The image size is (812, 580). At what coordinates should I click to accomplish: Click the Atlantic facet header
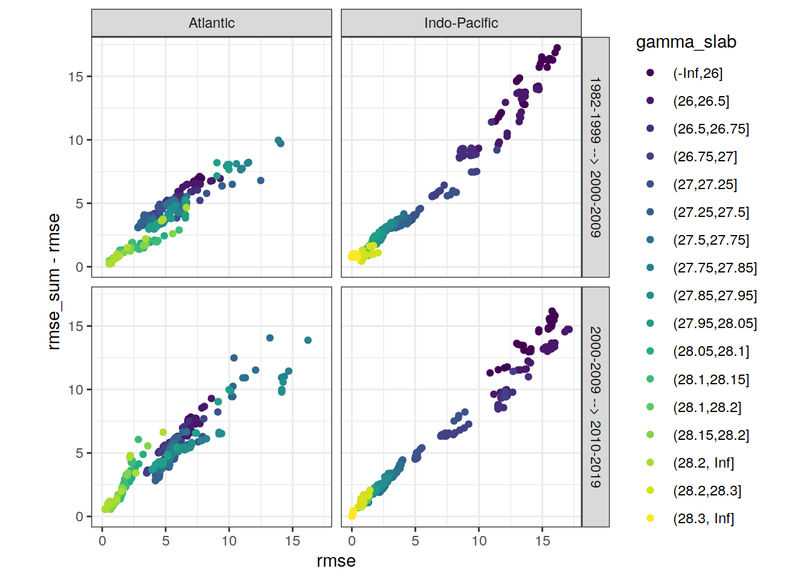click(x=211, y=23)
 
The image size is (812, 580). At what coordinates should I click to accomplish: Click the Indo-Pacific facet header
click(x=461, y=23)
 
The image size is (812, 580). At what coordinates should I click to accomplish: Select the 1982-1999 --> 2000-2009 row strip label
click(x=595, y=157)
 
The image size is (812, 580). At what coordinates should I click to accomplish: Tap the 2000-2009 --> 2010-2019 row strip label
click(x=595, y=407)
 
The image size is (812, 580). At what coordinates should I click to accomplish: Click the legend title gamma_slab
click(x=686, y=42)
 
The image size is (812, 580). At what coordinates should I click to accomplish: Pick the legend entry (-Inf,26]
click(x=698, y=73)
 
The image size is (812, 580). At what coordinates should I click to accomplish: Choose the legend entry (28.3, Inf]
click(x=703, y=518)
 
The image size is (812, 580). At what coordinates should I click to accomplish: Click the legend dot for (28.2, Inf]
click(x=650, y=463)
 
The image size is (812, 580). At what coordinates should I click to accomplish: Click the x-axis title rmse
click(x=336, y=561)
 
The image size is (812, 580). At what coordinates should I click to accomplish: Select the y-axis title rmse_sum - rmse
click(x=54, y=282)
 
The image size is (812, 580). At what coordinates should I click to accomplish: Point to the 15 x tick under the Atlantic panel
click(x=292, y=541)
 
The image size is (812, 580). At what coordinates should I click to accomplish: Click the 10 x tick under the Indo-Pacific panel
click(x=479, y=541)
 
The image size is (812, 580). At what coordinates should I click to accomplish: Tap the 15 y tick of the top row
click(x=76, y=77)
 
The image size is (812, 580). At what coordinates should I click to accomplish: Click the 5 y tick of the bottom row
click(x=79, y=453)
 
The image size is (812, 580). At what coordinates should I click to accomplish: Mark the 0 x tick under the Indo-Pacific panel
click(x=352, y=541)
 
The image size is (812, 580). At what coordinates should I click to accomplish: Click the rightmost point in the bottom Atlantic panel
click(x=308, y=340)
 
